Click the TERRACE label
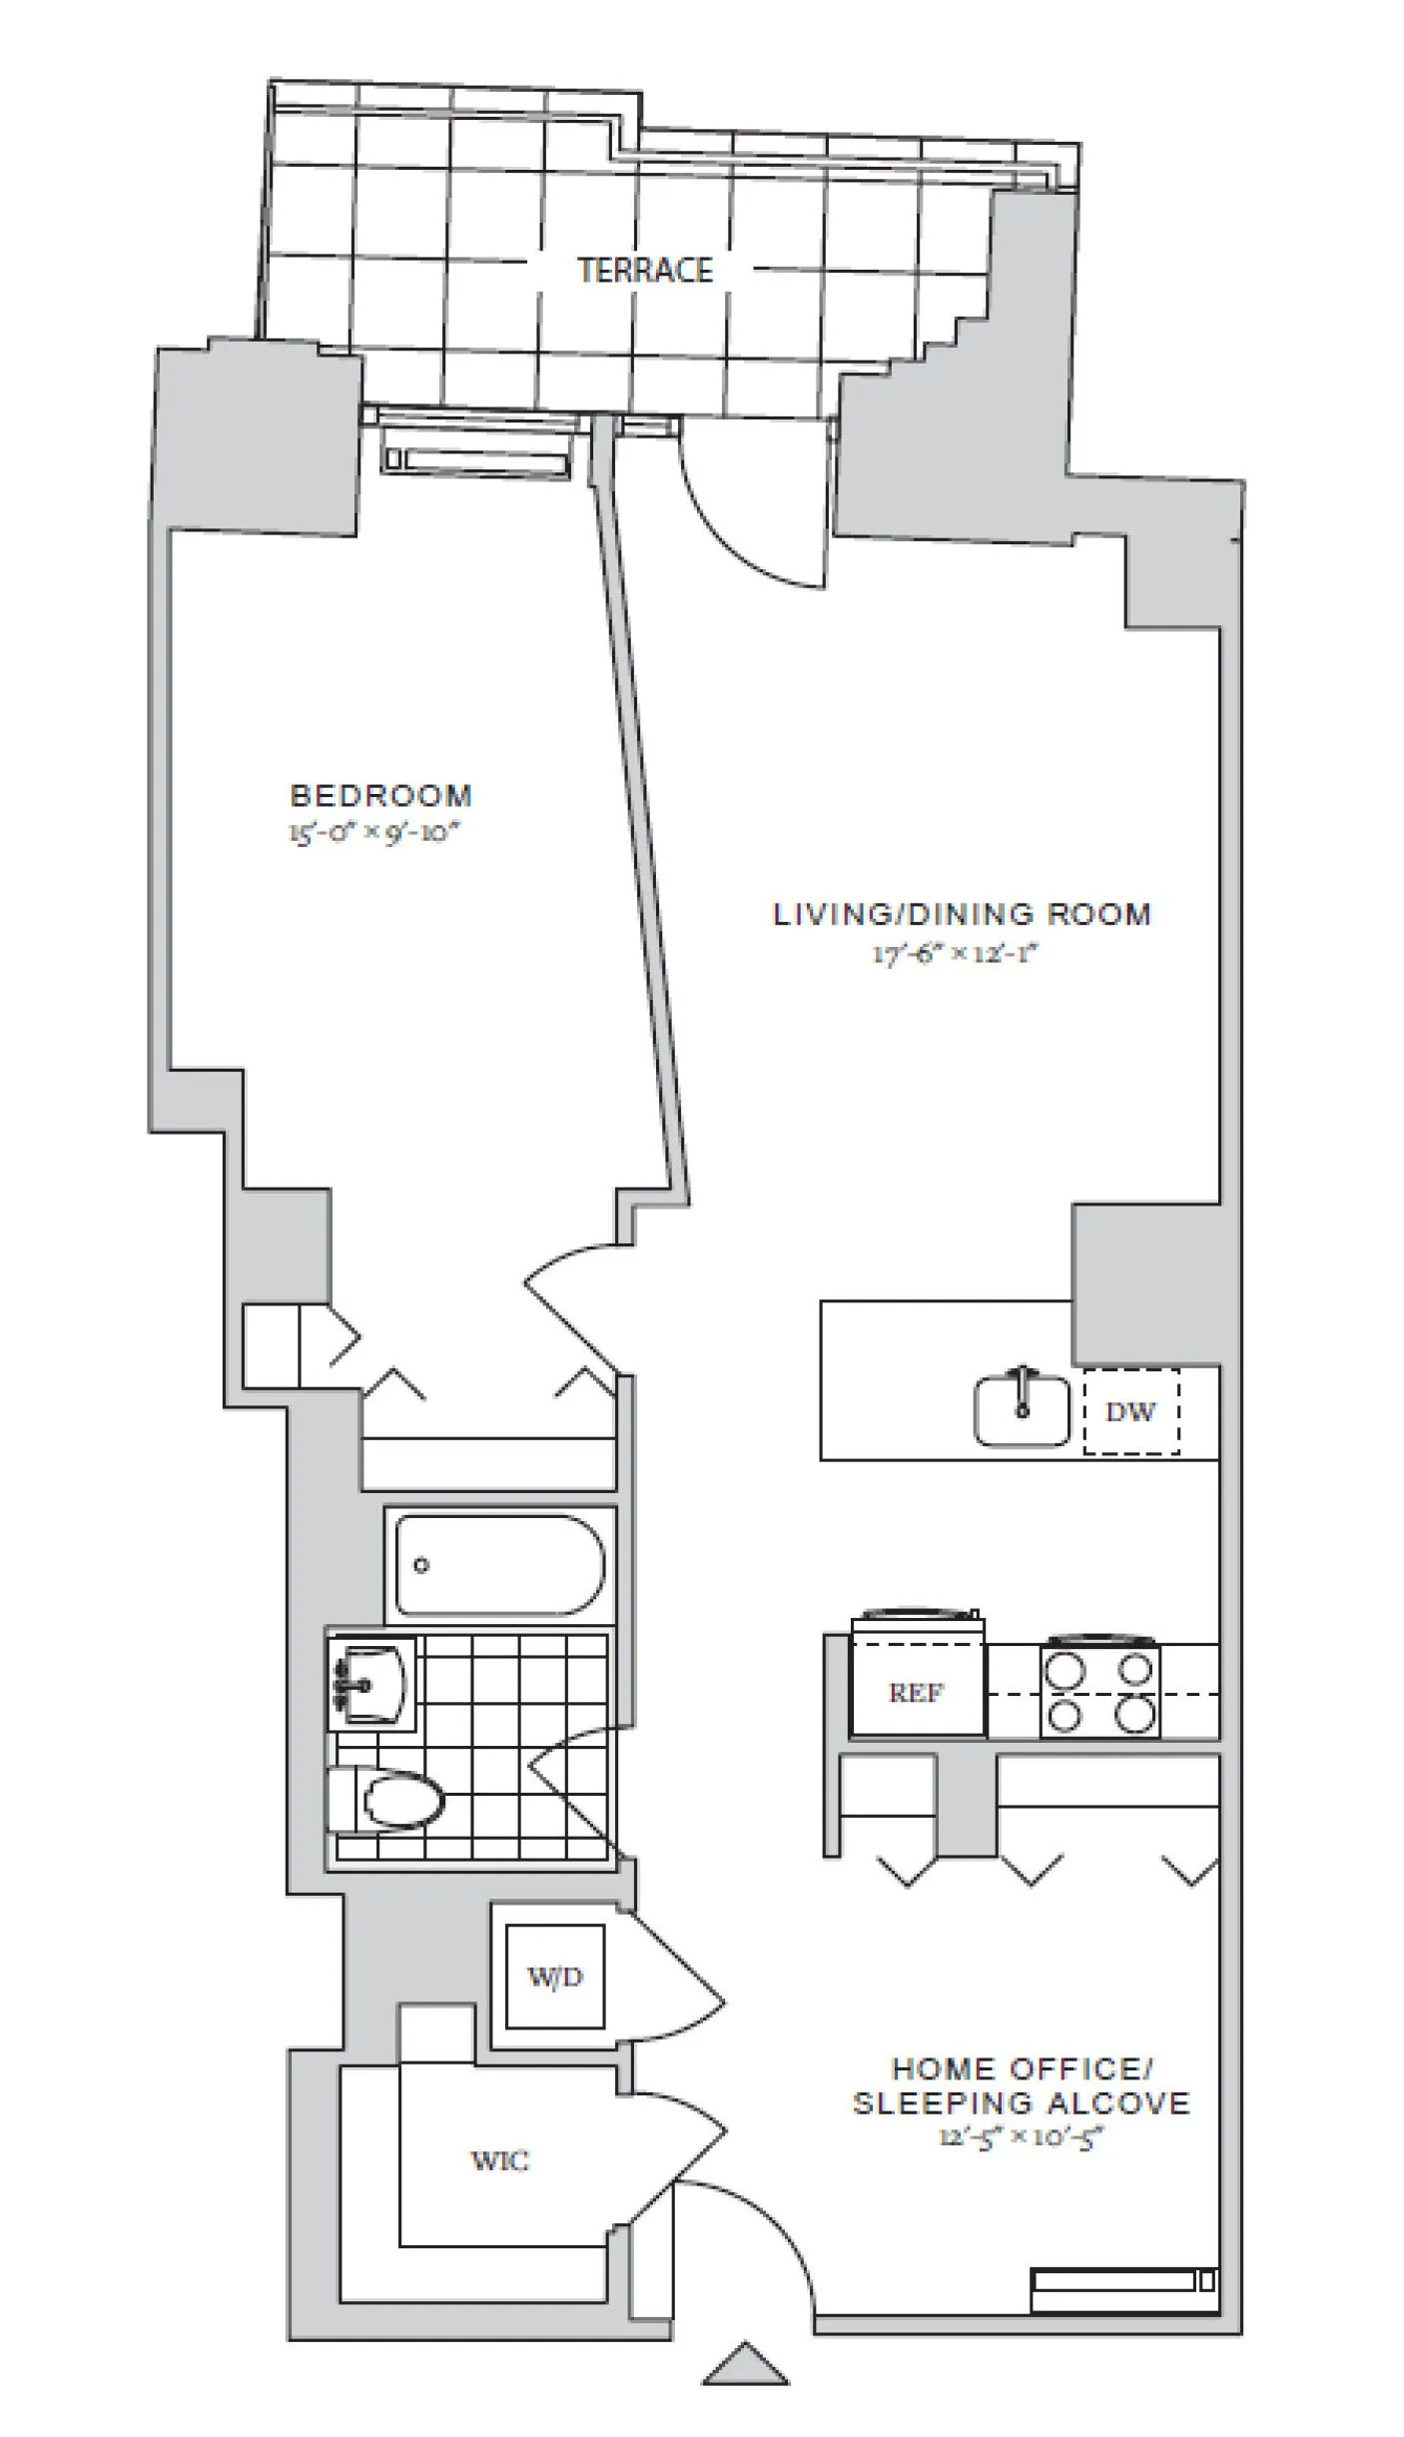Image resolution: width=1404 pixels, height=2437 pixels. point(645,270)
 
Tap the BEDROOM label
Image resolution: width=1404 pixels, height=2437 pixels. point(380,795)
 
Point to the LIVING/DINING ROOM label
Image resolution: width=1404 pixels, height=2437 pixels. point(962,914)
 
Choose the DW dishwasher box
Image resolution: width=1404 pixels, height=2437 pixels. point(1130,1411)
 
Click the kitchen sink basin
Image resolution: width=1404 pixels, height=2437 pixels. point(1021,1410)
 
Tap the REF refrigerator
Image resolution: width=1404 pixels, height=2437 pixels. point(917,1692)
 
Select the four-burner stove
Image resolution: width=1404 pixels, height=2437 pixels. point(1099,1691)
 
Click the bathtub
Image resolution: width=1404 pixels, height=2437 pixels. point(499,1565)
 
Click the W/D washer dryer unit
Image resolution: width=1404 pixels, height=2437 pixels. point(554,1976)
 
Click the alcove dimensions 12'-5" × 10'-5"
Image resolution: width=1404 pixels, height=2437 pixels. point(1021,2137)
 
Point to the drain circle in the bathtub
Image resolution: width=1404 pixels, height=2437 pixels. point(421,1565)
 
